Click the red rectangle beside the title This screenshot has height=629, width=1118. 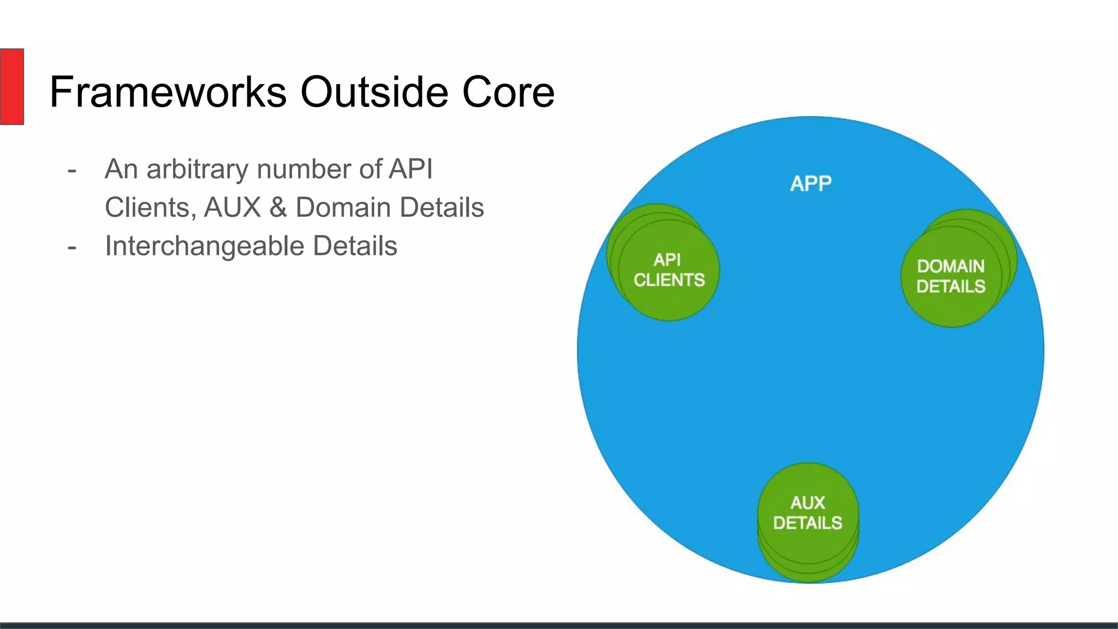(x=11, y=86)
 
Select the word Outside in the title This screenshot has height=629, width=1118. (x=374, y=92)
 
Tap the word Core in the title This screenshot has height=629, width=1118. (x=508, y=92)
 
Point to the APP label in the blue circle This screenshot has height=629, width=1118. (x=811, y=183)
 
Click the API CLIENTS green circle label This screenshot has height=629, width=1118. (x=669, y=270)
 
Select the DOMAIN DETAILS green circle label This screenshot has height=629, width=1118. (x=950, y=276)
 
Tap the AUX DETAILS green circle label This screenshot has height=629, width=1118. (x=807, y=513)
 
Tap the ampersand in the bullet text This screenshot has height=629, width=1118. (x=278, y=207)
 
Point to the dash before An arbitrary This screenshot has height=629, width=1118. (x=72, y=171)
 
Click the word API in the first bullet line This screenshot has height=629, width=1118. (x=411, y=169)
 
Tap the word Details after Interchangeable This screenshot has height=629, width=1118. (x=355, y=246)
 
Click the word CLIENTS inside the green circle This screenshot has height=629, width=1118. (x=669, y=280)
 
